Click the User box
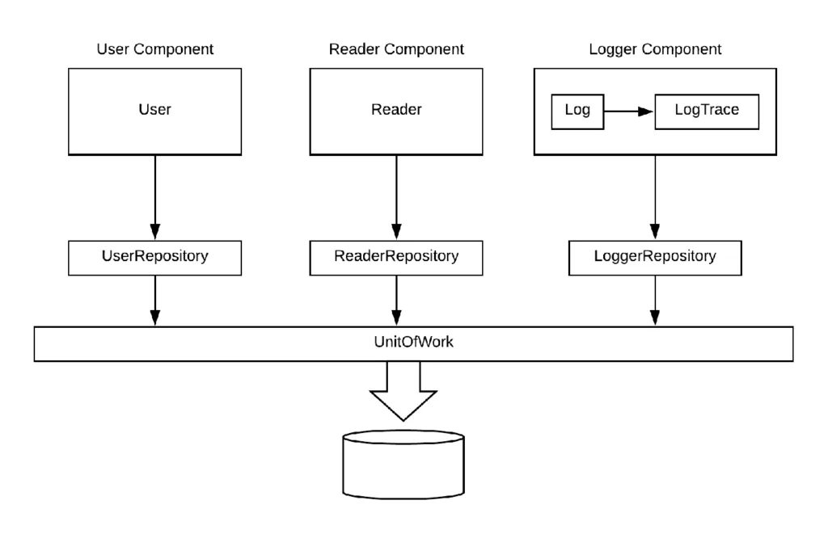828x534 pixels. (154, 111)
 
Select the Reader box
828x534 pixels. (396, 111)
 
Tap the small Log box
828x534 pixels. (577, 111)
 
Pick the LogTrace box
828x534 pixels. (707, 111)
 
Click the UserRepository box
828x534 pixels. (154, 258)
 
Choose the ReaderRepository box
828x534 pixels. (396, 258)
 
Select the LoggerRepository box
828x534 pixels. (655, 258)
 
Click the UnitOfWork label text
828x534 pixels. (413, 342)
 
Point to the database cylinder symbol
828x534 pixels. (403, 465)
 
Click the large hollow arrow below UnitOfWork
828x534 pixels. (403, 391)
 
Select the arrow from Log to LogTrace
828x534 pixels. (629, 111)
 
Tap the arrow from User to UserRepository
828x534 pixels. (154, 197)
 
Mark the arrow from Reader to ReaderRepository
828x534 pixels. (396, 197)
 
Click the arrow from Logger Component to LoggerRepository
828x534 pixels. (655, 197)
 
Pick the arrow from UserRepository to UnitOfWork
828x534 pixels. (154, 301)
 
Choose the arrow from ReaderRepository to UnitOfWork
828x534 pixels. (396, 301)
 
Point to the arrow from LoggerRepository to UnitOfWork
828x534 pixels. (655, 301)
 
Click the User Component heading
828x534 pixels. (154, 49)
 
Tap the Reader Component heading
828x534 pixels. (396, 49)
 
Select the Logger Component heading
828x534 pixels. (655, 49)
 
